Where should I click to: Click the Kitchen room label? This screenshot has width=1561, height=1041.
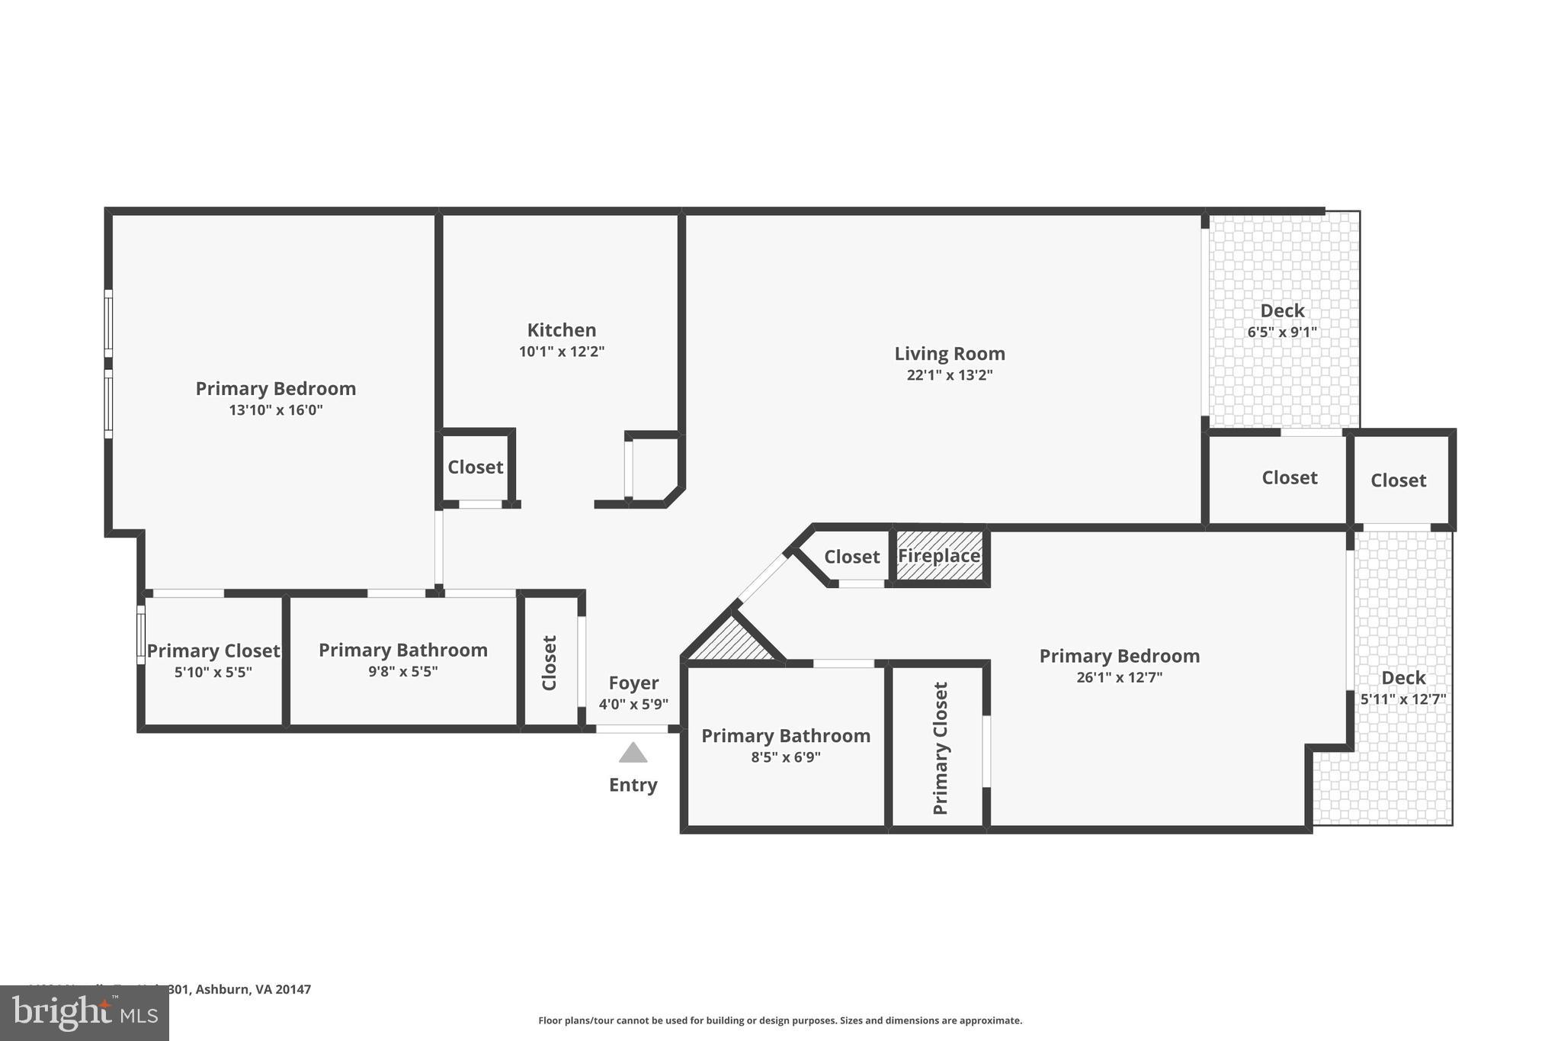[562, 330]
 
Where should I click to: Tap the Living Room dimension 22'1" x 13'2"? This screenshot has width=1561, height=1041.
[949, 375]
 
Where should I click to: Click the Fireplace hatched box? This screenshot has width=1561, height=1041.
[939, 556]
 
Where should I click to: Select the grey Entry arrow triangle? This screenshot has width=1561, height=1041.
[633, 753]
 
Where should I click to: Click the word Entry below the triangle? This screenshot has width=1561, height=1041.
[633, 785]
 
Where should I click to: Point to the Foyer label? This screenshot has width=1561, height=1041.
[633, 683]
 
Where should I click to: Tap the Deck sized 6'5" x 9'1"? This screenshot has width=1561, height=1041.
[1282, 320]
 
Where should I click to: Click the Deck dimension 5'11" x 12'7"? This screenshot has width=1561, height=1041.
[1403, 699]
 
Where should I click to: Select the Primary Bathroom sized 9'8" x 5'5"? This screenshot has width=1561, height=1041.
[402, 660]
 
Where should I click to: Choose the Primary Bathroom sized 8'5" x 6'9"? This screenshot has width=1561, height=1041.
[785, 745]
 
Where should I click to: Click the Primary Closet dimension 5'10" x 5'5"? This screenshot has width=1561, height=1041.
[213, 672]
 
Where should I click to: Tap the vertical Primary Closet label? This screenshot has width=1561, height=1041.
[941, 748]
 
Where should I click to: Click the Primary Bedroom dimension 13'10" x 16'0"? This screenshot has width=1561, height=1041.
[276, 410]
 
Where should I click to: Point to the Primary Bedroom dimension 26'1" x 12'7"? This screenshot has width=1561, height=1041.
[1119, 677]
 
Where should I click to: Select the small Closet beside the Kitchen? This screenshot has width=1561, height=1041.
[475, 467]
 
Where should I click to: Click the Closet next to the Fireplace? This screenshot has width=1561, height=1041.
[851, 557]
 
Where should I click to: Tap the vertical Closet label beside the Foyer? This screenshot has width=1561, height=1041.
[550, 663]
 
